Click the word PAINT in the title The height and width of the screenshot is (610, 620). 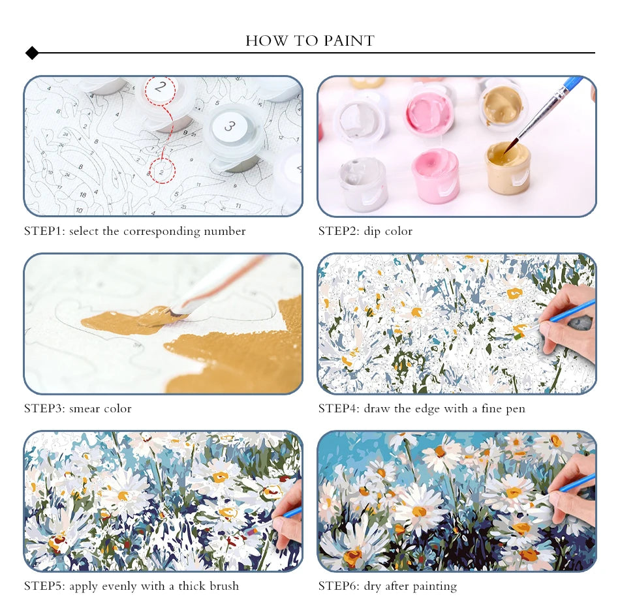[349, 40]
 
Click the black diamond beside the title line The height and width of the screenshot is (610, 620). [32, 53]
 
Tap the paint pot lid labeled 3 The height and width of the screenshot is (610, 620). [230, 126]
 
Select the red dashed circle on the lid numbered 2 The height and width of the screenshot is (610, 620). [160, 90]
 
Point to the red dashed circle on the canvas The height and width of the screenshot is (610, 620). [162, 171]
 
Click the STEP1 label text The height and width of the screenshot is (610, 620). [44, 231]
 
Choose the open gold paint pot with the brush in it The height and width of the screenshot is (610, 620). [508, 167]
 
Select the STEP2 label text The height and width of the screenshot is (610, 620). [339, 231]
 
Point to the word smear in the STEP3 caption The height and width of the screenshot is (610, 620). [84, 408]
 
